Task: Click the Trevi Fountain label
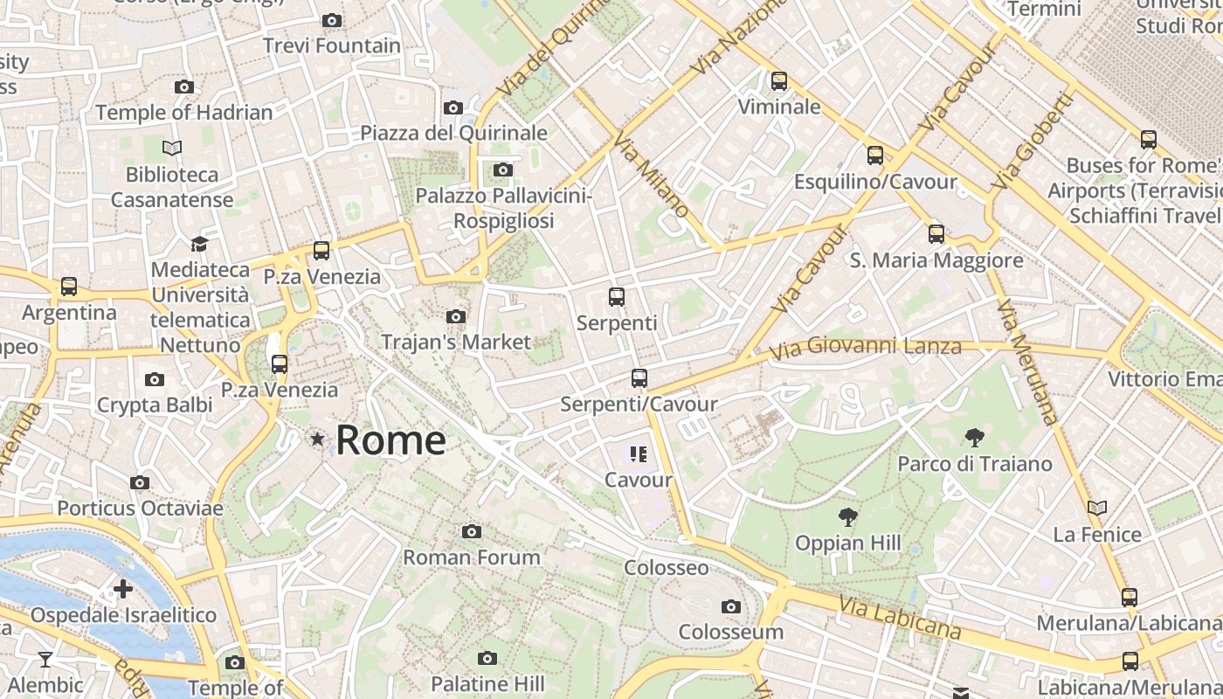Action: click(x=332, y=45)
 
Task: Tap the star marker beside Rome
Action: click(x=317, y=439)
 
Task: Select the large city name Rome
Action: click(x=390, y=439)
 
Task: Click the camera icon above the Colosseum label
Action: click(x=731, y=606)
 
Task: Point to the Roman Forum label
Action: click(x=472, y=557)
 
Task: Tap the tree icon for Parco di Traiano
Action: click(x=974, y=438)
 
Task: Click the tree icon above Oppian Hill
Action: click(x=846, y=517)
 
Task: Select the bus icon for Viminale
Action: click(x=779, y=81)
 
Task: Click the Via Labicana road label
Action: click(x=900, y=617)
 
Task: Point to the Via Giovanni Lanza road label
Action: click(x=865, y=348)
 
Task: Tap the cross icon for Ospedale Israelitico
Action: click(x=123, y=589)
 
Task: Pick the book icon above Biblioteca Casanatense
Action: click(x=172, y=149)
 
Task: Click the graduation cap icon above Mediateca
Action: click(x=200, y=244)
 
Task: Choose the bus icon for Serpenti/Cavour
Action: click(x=639, y=378)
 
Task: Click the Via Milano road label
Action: click(x=651, y=175)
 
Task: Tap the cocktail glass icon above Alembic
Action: click(x=45, y=659)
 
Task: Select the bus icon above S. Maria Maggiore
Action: click(x=936, y=234)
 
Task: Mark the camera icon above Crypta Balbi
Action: click(x=155, y=379)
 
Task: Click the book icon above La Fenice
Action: click(x=1097, y=508)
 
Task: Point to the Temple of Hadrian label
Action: click(x=184, y=113)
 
